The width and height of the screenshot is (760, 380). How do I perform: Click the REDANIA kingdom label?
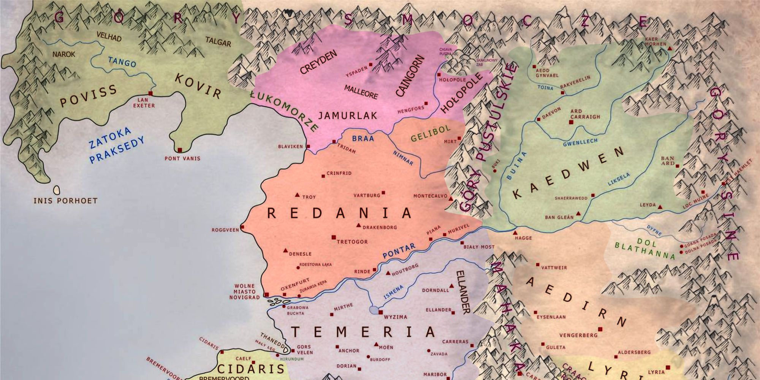click(x=339, y=213)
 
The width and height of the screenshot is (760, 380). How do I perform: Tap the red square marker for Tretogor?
click(x=334, y=237)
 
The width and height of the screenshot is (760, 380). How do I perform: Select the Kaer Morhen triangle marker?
click(x=670, y=49)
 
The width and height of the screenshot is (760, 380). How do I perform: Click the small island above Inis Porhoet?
click(x=57, y=189)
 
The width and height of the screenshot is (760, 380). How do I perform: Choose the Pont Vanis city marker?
click(x=180, y=150)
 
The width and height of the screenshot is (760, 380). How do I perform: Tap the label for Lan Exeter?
click(x=144, y=103)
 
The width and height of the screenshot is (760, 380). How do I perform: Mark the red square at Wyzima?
click(x=380, y=312)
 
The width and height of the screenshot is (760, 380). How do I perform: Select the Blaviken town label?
click(x=290, y=146)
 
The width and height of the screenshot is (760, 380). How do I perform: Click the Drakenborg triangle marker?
click(x=358, y=225)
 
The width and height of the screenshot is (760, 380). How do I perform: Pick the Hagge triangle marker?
click(x=515, y=233)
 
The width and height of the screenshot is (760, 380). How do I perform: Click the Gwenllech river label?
click(x=580, y=142)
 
